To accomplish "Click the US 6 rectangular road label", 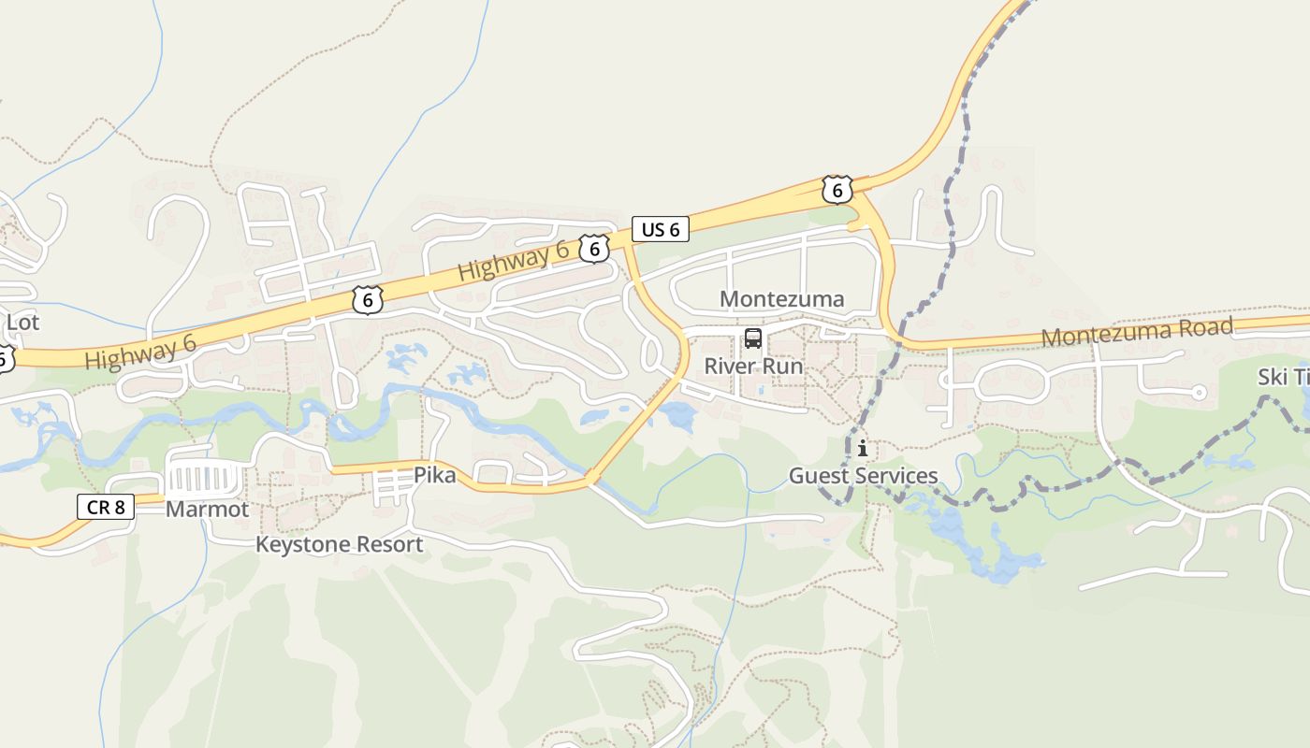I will pos(661,229).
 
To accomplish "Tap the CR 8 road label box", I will pos(106,507).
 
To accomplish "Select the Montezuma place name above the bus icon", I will pos(781,299).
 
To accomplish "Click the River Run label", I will pos(753,366).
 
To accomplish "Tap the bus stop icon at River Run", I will pos(753,338).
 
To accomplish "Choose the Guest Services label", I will pos(863,476).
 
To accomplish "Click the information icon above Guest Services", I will pos(862,449).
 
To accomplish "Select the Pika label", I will pos(435,476).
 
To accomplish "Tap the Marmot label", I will pos(207,510).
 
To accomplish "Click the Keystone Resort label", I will pos(340,544).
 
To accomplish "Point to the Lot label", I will pos(22,323).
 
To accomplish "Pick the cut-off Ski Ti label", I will pos(1284,377).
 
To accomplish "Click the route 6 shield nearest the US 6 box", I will pos(594,249).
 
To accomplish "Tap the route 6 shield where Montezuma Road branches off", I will pos(837,190).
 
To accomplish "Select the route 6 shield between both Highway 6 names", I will pos(369,300).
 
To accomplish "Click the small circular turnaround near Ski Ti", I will pos(1199,393).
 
